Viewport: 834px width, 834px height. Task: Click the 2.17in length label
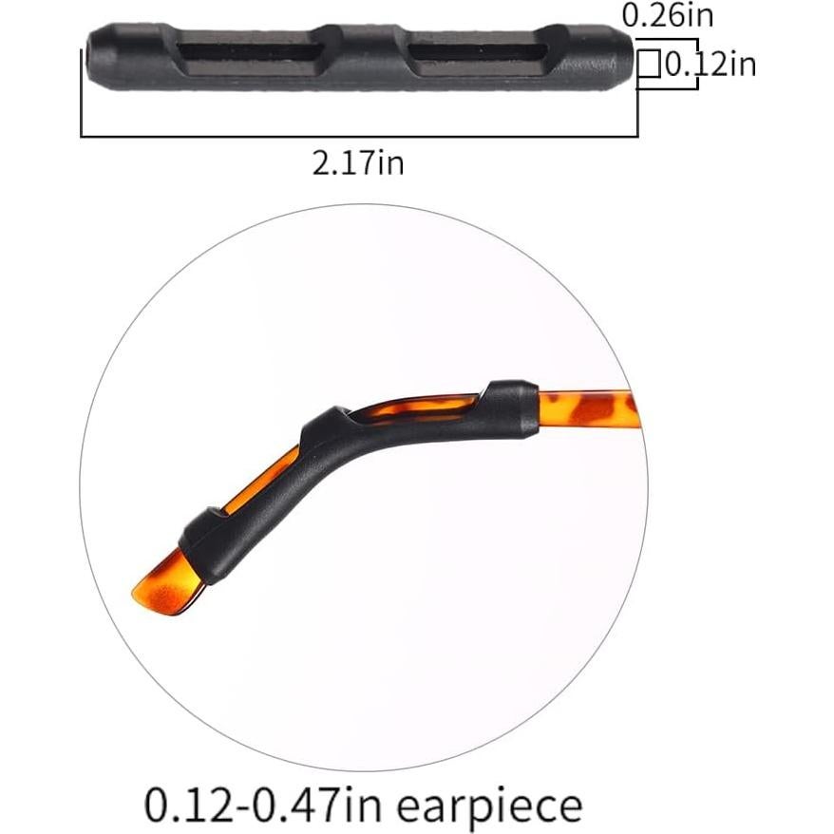pyautogui.click(x=358, y=162)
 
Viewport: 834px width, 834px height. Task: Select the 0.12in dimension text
pyautogui.click(x=710, y=65)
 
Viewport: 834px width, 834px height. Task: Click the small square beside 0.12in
pyautogui.click(x=649, y=65)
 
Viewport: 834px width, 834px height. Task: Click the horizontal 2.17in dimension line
pyautogui.click(x=358, y=137)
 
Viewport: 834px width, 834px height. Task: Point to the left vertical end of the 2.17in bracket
pyautogui.click(x=82, y=95)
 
